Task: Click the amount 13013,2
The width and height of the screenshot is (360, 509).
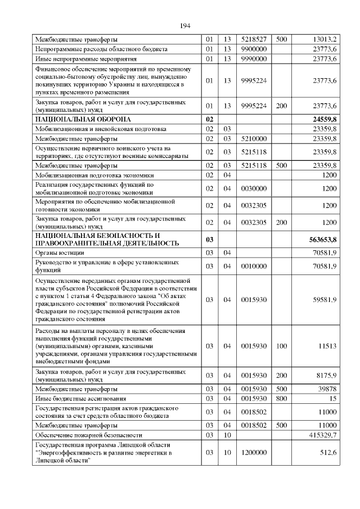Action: [324, 39]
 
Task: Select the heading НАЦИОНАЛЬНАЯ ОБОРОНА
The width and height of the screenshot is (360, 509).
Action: [83, 119]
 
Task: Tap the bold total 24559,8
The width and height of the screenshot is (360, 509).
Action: [323, 119]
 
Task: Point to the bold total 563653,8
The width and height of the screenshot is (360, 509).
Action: [322, 239]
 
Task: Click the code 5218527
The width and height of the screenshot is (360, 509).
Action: [253, 39]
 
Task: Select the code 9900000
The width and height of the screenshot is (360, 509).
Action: [253, 49]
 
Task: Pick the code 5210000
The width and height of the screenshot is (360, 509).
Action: [253, 138]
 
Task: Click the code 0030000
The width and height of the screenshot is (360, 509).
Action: [253, 188]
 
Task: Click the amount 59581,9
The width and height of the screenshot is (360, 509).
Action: [323, 300]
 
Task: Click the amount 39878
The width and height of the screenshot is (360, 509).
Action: [327, 389]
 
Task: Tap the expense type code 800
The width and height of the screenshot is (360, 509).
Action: [282, 399]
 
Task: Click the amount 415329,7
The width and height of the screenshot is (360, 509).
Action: [321, 435]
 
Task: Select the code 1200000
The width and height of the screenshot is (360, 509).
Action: [253, 452]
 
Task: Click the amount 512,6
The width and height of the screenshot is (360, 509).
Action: [327, 452]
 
